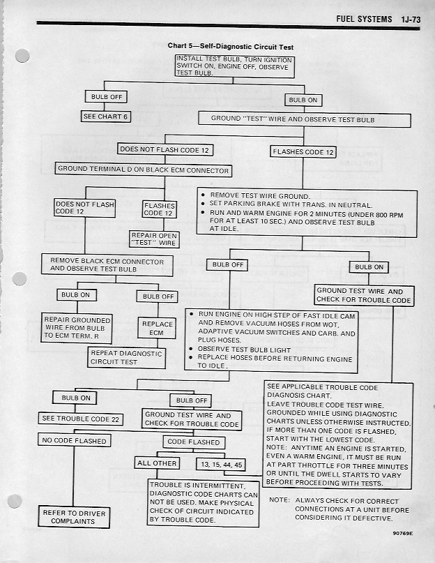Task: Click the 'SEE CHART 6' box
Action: (107, 117)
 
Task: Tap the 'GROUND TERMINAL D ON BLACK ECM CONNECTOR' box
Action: (143, 169)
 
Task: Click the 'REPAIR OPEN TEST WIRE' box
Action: (155, 240)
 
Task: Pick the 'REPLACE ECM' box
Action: (157, 328)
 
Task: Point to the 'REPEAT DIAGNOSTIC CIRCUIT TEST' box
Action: (126, 357)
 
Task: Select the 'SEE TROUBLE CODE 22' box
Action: (80, 419)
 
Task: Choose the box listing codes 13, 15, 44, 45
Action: (221, 463)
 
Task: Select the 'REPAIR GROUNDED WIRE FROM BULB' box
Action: (77, 328)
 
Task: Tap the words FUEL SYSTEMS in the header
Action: (364, 19)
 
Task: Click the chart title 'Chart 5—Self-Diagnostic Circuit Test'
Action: (231, 46)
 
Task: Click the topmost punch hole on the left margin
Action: (23, 55)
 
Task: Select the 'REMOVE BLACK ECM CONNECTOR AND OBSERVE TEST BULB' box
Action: (107, 264)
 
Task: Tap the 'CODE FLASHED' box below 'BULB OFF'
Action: (193, 442)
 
